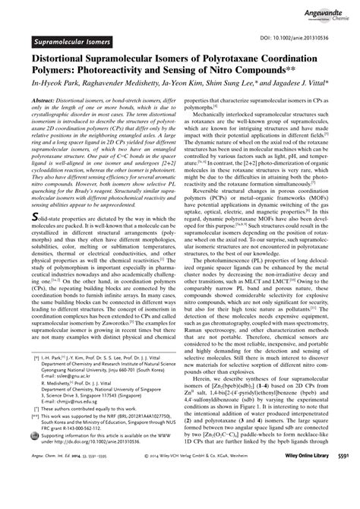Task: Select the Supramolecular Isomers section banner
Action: tap(71, 36)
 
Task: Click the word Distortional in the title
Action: tap(62, 54)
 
